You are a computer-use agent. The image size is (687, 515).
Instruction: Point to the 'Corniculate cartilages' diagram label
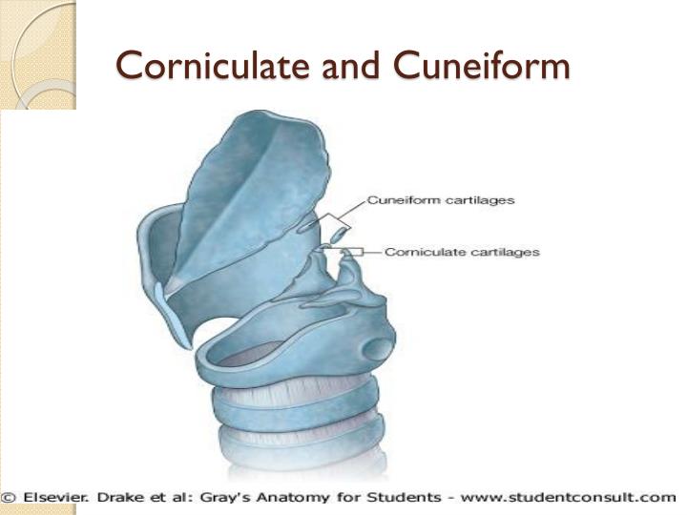tap(462, 253)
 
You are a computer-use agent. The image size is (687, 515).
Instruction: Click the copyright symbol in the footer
tap(9, 498)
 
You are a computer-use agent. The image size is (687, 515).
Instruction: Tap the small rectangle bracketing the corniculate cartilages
tap(352, 252)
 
